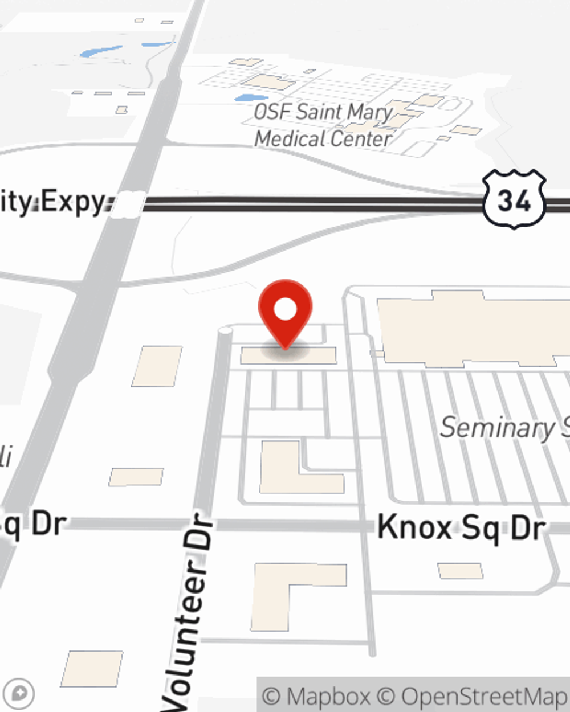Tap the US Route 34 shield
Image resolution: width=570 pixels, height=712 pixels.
(x=514, y=199)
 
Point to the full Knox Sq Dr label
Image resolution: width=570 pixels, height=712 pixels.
(x=462, y=527)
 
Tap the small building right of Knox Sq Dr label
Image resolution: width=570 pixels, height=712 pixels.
(x=460, y=570)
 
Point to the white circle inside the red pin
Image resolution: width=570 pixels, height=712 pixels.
(x=285, y=310)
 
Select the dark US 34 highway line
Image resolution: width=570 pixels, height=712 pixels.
(x=313, y=204)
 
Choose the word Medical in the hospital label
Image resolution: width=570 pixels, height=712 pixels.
(x=291, y=138)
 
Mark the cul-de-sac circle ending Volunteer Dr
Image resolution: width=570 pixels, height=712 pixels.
(x=226, y=330)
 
